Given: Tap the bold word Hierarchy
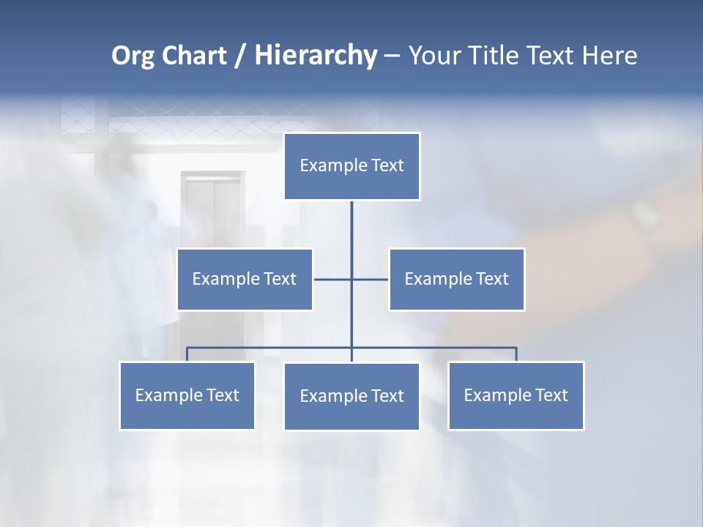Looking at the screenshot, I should coord(315,56).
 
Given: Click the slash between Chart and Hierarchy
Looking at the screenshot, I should coord(239,56).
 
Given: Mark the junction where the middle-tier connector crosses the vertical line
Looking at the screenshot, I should coord(351,279).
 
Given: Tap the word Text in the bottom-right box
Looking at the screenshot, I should coord(551,395).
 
